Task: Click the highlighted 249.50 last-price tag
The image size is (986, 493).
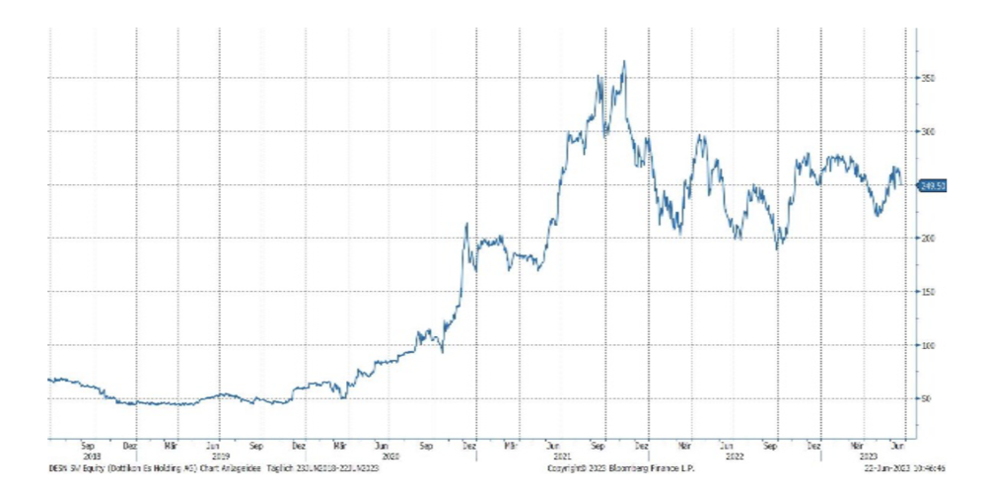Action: click(x=933, y=185)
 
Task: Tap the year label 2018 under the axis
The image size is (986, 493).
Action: click(x=92, y=457)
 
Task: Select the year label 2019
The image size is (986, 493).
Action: click(x=221, y=457)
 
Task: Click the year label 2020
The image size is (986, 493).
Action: click(x=390, y=457)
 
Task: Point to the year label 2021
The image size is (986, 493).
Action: click(x=562, y=457)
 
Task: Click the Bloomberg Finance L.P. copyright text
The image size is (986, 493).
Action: click(x=621, y=467)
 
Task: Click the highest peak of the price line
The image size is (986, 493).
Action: click(x=624, y=62)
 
